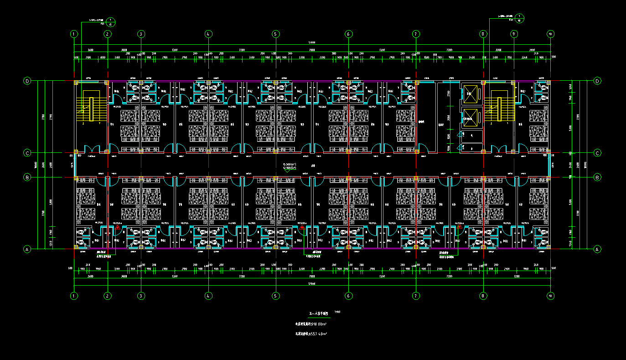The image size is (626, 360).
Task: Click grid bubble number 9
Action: coord(514,34)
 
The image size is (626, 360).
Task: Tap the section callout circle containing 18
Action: coord(520,18)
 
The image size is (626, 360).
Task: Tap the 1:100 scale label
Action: coord(337,312)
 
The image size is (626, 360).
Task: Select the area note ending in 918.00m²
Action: coord(312,324)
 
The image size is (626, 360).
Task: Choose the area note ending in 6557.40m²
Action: coord(312,334)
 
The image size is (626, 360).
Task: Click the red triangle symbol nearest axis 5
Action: coord(301,227)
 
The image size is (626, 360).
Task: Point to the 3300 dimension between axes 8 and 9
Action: coord(498,50)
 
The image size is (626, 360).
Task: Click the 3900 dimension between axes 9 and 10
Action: coord(532,50)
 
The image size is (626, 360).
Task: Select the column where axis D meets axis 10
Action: coord(549,82)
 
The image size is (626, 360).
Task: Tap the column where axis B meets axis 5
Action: coord(276,177)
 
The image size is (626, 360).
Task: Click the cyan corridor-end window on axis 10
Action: coord(548,165)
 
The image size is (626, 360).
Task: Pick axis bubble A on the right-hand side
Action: coord(597,249)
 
